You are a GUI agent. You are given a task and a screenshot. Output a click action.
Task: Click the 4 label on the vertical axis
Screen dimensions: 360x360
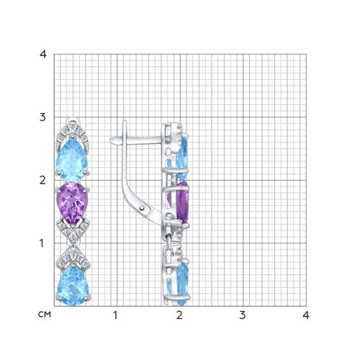click(x=43, y=55)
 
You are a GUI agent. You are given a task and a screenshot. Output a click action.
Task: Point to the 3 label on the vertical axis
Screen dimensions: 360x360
click(x=42, y=117)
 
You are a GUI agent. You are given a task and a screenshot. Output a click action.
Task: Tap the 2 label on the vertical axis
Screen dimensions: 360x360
click(x=42, y=180)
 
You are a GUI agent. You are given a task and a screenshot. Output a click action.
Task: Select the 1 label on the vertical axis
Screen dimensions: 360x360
click(x=42, y=243)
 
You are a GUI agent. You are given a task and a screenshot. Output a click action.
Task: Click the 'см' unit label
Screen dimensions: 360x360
click(x=45, y=315)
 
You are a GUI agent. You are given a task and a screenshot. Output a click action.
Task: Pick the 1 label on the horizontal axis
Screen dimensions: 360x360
click(x=116, y=315)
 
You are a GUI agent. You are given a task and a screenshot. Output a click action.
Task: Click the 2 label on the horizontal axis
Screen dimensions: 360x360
click(x=179, y=315)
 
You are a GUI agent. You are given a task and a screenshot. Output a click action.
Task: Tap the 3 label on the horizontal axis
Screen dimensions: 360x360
click(x=243, y=315)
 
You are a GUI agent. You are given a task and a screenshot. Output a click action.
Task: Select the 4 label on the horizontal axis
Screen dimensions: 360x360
click(x=305, y=315)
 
